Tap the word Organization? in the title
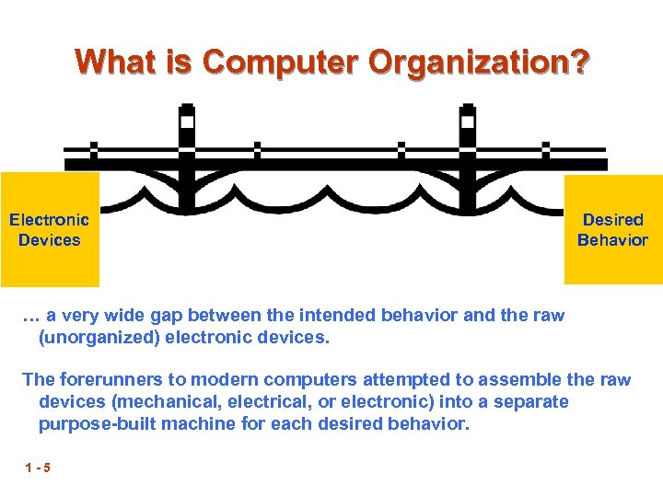(x=478, y=63)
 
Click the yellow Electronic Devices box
(x=49, y=230)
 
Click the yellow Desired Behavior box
(x=612, y=230)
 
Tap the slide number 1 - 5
(x=39, y=468)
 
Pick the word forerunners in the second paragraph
(x=104, y=379)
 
